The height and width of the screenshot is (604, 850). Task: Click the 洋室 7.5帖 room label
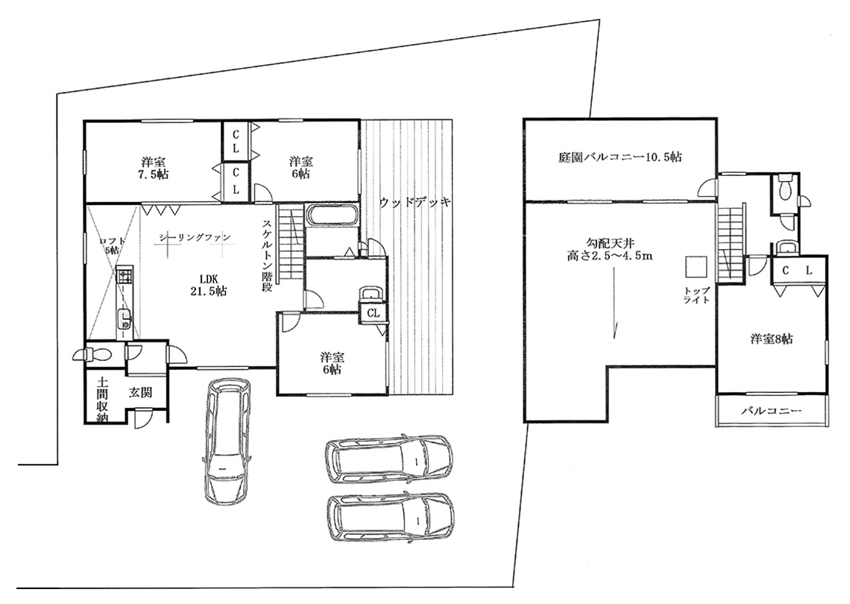click(x=154, y=168)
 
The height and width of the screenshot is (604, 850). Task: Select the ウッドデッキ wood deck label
click(x=415, y=203)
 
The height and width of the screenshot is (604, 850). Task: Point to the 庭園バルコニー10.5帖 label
click(x=620, y=157)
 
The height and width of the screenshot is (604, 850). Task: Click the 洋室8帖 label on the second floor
click(x=772, y=339)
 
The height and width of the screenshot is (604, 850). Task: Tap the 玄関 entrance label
click(x=140, y=392)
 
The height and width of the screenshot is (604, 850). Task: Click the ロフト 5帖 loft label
click(x=112, y=245)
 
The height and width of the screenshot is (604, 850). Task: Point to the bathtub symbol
click(x=332, y=216)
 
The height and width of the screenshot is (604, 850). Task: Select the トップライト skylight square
click(x=696, y=266)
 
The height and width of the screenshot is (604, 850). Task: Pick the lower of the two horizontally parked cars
click(x=390, y=518)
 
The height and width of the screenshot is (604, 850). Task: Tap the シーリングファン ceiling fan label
click(x=195, y=237)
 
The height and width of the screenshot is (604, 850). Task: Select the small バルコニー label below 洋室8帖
click(x=772, y=412)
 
